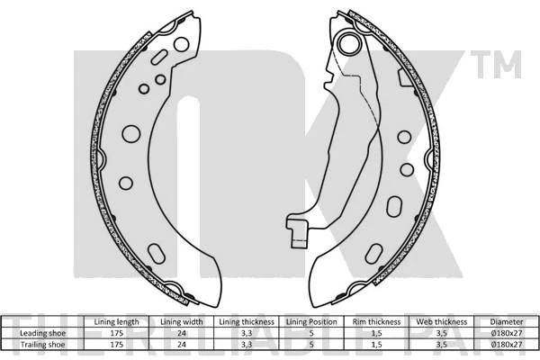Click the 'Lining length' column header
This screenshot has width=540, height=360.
[116, 322]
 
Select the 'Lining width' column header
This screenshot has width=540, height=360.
[182, 322]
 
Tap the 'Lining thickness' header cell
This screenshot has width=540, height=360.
[247, 322]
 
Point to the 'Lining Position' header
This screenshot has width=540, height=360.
[311, 322]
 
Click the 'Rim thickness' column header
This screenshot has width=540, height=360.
[376, 322]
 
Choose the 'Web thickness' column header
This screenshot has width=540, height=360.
[442, 322]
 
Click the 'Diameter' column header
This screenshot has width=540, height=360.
[506, 322]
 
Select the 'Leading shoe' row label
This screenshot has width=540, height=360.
[42, 333]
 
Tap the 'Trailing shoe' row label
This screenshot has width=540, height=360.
[42, 344]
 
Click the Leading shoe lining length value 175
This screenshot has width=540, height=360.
[116, 333]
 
